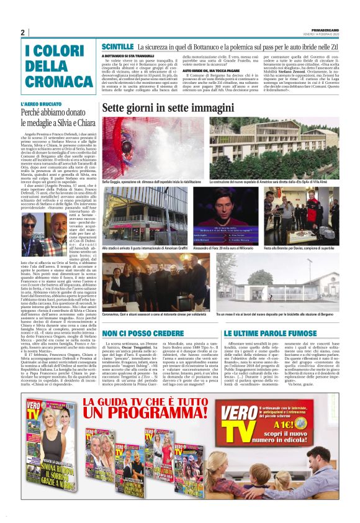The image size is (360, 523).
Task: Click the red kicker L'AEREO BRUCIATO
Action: tap(42, 104)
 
